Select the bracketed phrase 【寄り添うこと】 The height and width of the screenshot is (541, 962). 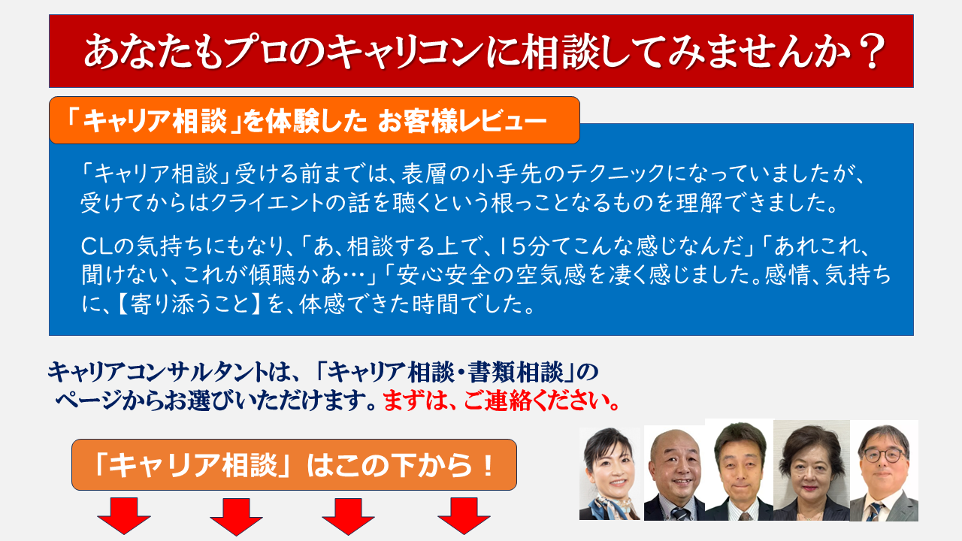click(x=189, y=304)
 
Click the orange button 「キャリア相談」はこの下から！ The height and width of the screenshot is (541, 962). click(x=294, y=464)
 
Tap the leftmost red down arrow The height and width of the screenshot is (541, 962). click(x=124, y=515)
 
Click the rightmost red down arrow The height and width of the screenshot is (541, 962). click(x=464, y=515)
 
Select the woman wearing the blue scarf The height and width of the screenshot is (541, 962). click(x=610, y=474)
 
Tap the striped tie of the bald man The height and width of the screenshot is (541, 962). click(x=681, y=513)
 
